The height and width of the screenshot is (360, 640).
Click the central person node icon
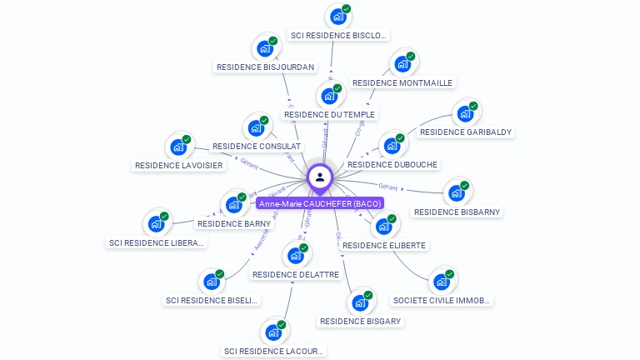point(320,177)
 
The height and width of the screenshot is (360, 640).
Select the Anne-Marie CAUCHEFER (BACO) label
point(320,204)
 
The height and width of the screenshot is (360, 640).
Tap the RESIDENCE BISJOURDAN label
point(265,67)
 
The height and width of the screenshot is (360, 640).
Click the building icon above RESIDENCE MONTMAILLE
point(402,64)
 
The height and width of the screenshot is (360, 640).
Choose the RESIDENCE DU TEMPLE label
point(329,114)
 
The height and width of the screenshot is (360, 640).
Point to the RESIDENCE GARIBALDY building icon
point(464,113)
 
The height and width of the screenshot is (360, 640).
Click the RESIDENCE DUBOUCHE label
point(392,165)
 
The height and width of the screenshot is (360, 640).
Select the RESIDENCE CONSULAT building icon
point(255,128)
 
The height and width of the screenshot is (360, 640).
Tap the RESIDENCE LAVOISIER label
point(178,166)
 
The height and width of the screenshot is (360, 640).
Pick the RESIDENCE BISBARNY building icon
point(456,193)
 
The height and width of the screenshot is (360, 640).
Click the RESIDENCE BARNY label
point(234,223)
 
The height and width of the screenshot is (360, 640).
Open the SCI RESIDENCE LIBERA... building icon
point(156,223)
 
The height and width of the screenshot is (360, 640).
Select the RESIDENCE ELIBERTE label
point(384,245)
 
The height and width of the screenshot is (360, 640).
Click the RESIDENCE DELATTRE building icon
point(295,256)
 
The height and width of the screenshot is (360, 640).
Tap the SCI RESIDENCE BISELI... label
point(212,300)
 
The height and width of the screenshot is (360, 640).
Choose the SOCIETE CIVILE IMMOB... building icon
point(441,282)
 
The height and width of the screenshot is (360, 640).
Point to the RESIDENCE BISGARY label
point(360,321)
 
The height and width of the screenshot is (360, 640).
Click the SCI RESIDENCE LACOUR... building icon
point(272,332)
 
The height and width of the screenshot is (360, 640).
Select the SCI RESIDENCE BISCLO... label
point(338,35)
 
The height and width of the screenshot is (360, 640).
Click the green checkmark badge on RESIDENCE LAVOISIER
point(187,139)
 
